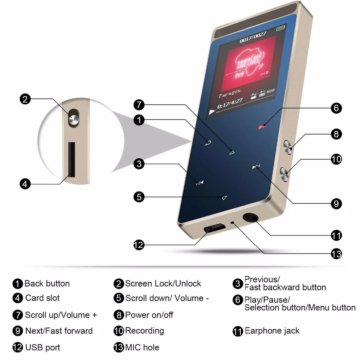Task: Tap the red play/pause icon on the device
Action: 262,127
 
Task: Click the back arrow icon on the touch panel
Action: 208,143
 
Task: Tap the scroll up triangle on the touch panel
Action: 232,152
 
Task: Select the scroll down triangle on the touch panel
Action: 224,198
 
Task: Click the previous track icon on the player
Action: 199,183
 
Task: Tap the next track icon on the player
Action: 256,166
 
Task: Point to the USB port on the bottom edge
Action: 214,228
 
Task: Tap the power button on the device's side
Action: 288,147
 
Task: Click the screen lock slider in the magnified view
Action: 74,118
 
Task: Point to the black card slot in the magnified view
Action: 72,159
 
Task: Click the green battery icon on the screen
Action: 280,28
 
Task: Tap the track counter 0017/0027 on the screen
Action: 253,37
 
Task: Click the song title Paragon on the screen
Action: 230,93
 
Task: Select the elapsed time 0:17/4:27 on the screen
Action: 230,103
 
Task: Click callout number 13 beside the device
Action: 336,254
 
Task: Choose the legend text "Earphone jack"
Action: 272,330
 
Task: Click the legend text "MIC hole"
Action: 142,347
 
